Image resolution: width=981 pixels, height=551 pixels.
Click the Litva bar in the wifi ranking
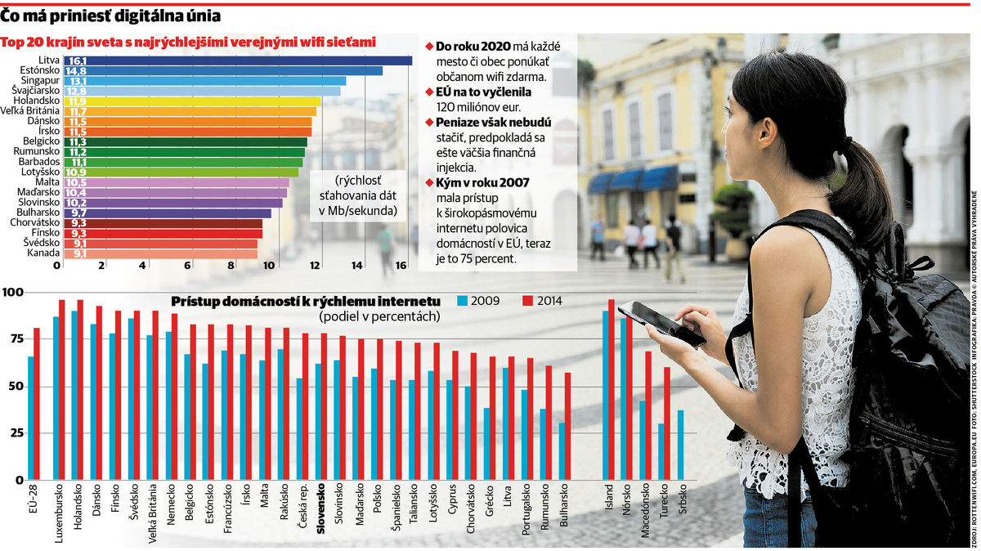(237, 60)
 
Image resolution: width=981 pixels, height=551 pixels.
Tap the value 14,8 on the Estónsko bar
(78, 71)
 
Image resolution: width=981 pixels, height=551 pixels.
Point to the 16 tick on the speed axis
(401, 266)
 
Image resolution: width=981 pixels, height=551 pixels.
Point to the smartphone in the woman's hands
(661, 321)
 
